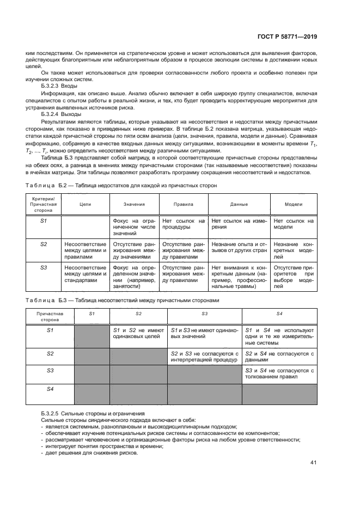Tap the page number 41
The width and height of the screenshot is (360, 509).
point(313,463)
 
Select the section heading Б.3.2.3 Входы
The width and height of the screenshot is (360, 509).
point(59,86)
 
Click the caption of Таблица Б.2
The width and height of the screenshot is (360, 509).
point(121,186)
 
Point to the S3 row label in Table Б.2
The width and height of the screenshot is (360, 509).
point(44,267)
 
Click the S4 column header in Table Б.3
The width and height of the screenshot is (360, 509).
point(279,315)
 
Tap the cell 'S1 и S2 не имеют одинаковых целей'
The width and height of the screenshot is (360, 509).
point(138,334)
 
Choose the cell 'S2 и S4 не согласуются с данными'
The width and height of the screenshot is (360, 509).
point(279,357)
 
